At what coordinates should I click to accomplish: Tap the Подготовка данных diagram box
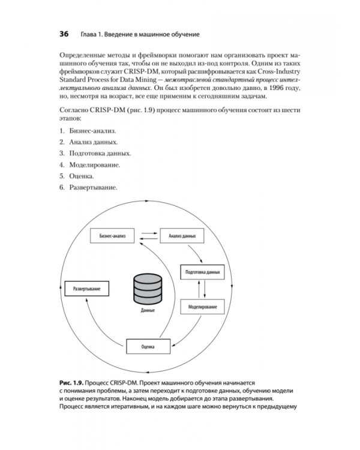pyautogui.click(x=202, y=271)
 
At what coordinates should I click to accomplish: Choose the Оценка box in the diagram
pyautogui.click(x=149, y=347)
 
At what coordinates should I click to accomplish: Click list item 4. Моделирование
pyautogui.click(x=90, y=164)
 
